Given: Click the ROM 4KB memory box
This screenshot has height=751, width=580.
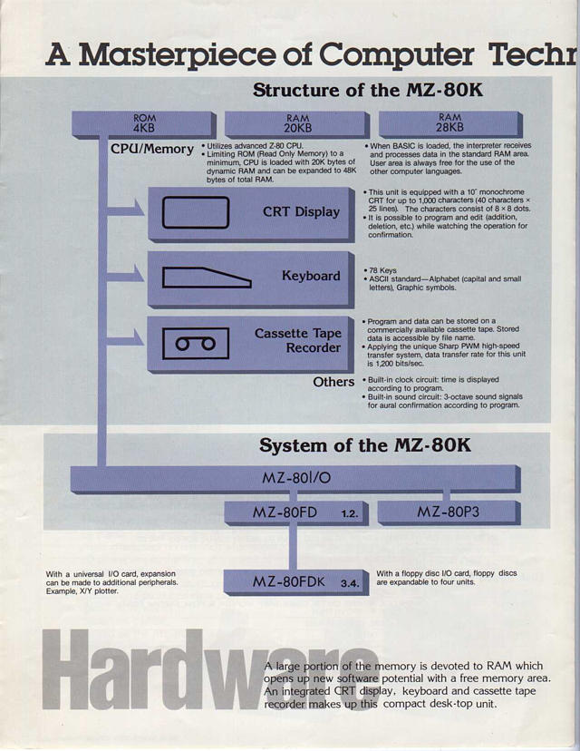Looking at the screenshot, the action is (x=144, y=124).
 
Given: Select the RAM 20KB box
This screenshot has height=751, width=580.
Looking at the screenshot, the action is (x=297, y=124).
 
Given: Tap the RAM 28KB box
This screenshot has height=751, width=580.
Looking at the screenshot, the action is (x=450, y=124).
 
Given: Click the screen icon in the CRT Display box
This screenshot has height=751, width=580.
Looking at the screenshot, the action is (x=195, y=211).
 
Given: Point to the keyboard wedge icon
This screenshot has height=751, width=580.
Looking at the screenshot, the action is (x=207, y=278).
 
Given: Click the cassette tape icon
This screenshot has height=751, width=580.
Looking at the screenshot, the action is (x=195, y=344).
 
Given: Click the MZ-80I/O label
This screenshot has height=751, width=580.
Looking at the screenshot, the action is (x=296, y=477).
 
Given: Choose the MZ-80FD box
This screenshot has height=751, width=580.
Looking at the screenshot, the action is (x=296, y=513).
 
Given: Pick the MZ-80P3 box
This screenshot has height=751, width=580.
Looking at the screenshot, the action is (x=449, y=512).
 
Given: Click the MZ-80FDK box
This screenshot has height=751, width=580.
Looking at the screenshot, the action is (x=296, y=583).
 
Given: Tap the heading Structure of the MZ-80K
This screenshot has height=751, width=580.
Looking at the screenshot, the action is (x=368, y=90).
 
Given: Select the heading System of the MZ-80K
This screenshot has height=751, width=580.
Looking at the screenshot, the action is (x=364, y=445).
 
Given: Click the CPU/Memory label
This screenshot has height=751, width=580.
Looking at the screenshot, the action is (x=152, y=149).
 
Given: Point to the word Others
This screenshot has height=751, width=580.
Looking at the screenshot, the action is (x=333, y=382).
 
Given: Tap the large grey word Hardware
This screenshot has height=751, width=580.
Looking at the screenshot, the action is (x=210, y=669).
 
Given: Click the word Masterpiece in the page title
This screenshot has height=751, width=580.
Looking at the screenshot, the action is (x=178, y=55).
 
